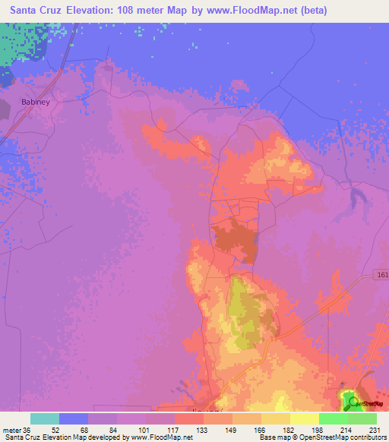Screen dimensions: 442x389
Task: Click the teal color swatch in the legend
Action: [x=45, y=418]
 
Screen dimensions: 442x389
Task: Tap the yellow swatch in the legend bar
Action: [x=305, y=418]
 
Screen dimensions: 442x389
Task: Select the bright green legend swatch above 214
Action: [x=334, y=418]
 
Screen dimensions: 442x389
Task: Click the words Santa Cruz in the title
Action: [x=35, y=11]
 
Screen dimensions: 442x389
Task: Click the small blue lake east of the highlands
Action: [x=354, y=199]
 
